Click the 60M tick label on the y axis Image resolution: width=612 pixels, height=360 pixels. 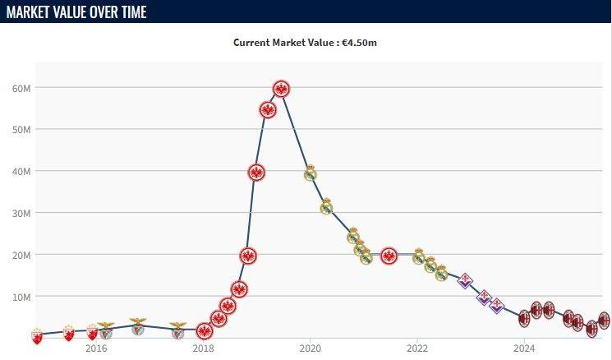tap(22, 88)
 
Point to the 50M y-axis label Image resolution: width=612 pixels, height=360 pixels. tap(22, 130)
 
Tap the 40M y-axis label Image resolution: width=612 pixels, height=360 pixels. tap(22, 171)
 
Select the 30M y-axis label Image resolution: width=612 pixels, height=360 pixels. tap(22, 213)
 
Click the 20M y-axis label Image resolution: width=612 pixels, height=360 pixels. tap(22, 255)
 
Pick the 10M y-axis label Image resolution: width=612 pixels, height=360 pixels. tap(22, 296)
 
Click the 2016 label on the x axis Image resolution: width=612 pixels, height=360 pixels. tap(96, 348)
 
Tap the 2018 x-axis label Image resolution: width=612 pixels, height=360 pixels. tap(203, 348)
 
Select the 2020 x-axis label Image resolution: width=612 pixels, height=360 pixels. tap(310, 348)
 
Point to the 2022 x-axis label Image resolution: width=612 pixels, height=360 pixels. tap(417, 348)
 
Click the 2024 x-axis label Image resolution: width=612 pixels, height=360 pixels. tap(524, 348)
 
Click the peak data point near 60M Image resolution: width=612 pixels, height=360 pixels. tap(281, 89)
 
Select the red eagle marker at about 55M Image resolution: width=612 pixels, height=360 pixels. tap(268, 110)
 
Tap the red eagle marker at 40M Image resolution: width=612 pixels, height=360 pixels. tap(256, 172)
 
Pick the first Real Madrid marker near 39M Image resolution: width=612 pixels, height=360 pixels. tap(311, 173)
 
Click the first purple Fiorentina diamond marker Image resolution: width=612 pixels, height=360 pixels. tap(465, 280)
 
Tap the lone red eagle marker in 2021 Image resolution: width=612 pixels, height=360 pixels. tap(389, 256)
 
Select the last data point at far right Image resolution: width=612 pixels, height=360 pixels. tap(604, 321)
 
